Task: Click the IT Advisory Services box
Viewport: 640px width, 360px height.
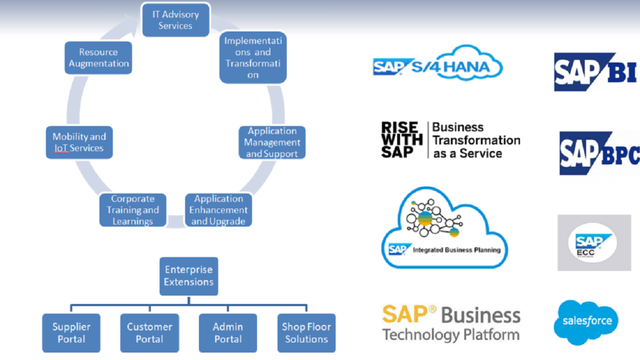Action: (x=175, y=20)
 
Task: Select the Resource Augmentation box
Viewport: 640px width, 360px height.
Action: (x=99, y=57)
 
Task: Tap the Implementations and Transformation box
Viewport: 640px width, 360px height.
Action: (x=253, y=57)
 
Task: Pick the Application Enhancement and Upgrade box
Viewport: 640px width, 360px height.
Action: (x=218, y=210)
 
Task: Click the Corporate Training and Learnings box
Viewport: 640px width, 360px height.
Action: (x=132, y=210)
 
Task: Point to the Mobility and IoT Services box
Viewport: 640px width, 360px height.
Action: (x=79, y=142)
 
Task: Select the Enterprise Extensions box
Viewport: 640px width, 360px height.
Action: (x=188, y=275)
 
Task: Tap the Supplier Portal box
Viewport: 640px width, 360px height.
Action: (x=71, y=333)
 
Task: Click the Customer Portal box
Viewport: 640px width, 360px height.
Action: (x=149, y=333)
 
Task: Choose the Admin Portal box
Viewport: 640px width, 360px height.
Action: (x=228, y=333)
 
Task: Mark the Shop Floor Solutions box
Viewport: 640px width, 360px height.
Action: (x=306, y=333)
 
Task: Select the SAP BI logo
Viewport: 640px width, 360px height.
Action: (x=595, y=72)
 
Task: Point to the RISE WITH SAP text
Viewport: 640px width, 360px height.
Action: (x=401, y=140)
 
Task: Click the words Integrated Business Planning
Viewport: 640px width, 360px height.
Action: (x=456, y=249)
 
